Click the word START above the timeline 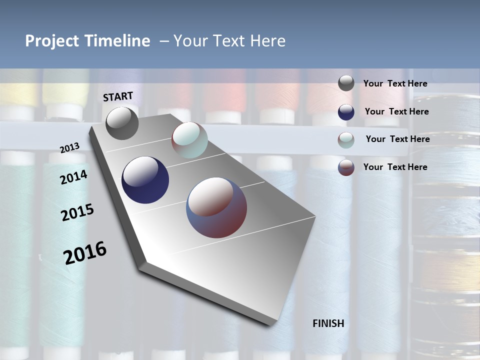pyautogui.click(x=118, y=96)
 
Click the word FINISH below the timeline pyautogui.click(x=328, y=323)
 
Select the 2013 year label pyautogui.click(x=70, y=148)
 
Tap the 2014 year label pyautogui.click(x=73, y=177)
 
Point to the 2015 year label pyautogui.click(x=77, y=212)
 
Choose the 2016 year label pyautogui.click(x=85, y=253)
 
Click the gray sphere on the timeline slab pyautogui.click(x=122, y=123)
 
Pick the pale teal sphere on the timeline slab pyautogui.click(x=189, y=140)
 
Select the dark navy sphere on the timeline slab pyautogui.click(x=145, y=180)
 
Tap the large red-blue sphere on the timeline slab pyautogui.click(x=216, y=207)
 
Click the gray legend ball pyautogui.click(x=346, y=83)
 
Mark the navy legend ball pyautogui.click(x=346, y=112)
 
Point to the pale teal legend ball pyautogui.click(x=346, y=140)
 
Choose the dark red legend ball pyautogui.click(x=346, y=167)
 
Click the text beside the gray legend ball pyautogui.click(x=395, y=84)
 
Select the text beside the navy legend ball pyautogui.click(x=396, y=111)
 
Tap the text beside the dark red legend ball pyautogui.click(x=395, y=167)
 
